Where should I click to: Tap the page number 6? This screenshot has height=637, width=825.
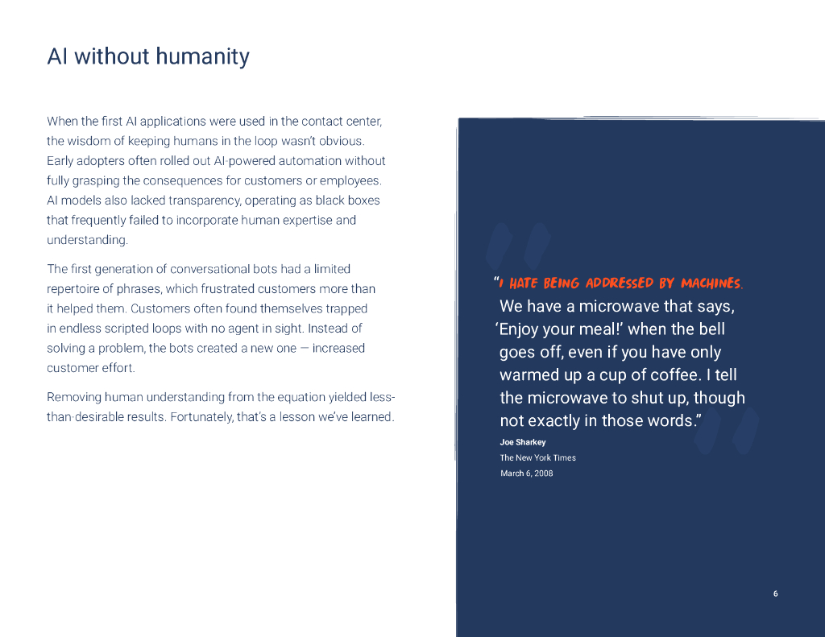(775, 594)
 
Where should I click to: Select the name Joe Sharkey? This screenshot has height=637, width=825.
(522, 442)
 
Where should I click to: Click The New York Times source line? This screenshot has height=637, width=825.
(537, 457)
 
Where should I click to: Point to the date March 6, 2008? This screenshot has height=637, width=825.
(526, 473)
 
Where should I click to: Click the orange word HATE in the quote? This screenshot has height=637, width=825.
(524, 283)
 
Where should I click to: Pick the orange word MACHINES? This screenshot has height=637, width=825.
(711, 283)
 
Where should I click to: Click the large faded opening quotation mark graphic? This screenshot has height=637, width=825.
(519, 246)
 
